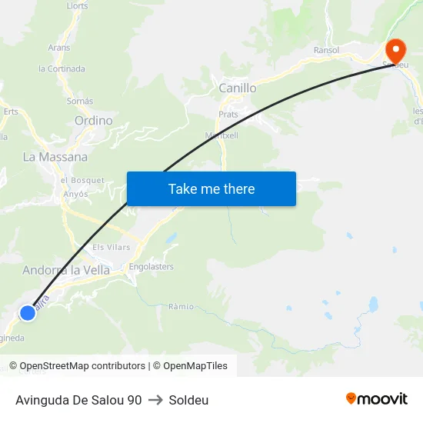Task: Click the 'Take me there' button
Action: pos(211,188)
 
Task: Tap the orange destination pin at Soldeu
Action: pos(395,52)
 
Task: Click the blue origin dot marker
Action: pos(28,312)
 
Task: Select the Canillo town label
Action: pos(238,88)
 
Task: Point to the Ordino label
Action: pos(93,121)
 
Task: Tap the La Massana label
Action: pos(55,157)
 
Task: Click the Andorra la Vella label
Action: pos(66,270)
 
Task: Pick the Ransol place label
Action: pos(327,50)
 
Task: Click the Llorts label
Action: pos(78,5)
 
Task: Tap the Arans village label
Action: pos(59,48)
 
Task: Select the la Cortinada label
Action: pos(62,68)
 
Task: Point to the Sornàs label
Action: pos(80,101)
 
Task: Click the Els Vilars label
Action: pos(112,248)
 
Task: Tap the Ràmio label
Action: pos(181,306)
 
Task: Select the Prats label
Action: pos(228,115)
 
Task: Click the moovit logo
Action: pos(376,398)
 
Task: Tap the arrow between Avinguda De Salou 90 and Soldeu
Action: pos(155,400)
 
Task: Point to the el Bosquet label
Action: pos(82,180)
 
